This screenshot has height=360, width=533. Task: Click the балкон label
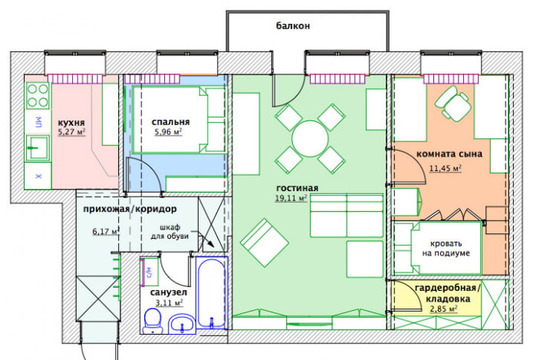click(293, 25)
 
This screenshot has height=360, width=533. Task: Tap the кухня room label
click(71, 122)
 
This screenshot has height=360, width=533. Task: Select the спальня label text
click(170, 121)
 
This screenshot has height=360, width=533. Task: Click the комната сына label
click(449, 154)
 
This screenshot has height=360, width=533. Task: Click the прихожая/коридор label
click(130, 209)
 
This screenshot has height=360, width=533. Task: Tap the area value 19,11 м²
click(291, 198)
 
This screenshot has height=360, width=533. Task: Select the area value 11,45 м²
click(445, 167)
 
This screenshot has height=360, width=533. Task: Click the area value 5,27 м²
click(71, 132)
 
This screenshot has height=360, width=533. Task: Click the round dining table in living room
click(310, 139)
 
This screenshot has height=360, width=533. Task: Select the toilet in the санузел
click(153, 320)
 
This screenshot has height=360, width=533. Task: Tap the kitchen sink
click(35, 147)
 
